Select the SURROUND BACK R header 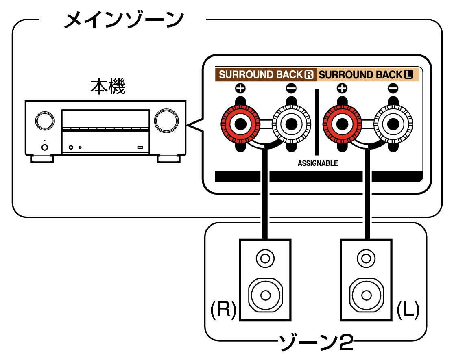[266, 75]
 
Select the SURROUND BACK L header [366, 75]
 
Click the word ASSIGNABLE [317, 163]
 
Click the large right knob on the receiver [166, 120]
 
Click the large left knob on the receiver [44, 120]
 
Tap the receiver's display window [105, 119]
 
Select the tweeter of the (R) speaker [265, 258]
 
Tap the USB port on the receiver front [140, 147]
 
